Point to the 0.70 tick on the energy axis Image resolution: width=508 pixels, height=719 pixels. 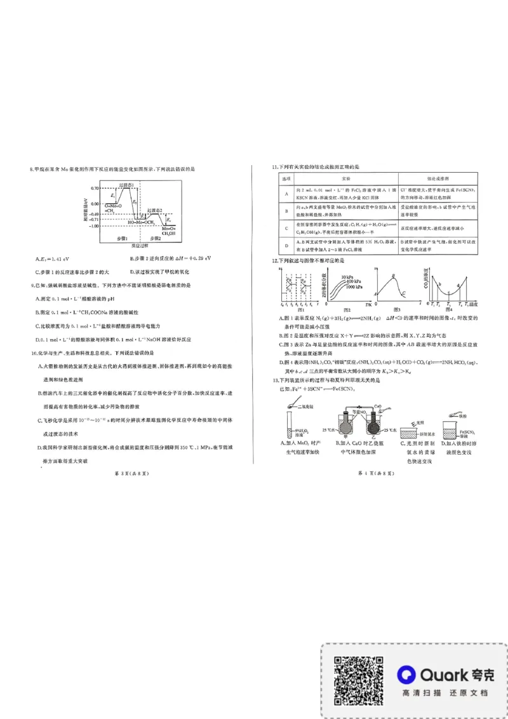95,189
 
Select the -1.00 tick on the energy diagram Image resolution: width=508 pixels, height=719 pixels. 93,226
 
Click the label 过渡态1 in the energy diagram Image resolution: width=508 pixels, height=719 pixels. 127,185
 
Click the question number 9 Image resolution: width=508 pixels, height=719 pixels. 32,286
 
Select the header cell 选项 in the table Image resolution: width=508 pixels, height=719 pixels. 286,180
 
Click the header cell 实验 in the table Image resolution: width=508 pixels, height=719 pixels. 346,180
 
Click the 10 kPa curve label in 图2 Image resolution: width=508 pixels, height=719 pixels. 347,278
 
